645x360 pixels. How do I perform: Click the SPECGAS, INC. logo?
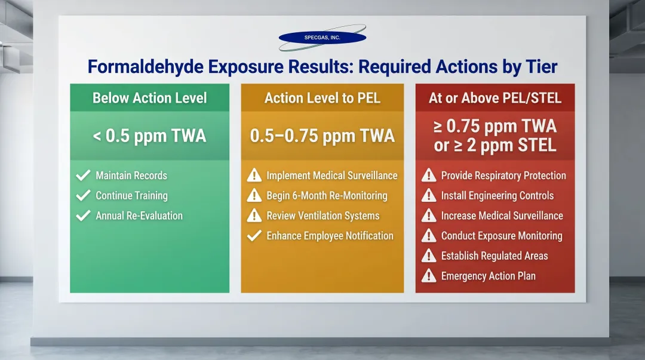coord(322,38)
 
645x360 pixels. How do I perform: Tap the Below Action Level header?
coord(149,98)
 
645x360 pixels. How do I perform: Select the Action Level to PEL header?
coord(322,98)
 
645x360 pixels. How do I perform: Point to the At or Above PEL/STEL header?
coord(495,98)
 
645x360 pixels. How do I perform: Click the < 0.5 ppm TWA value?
coord(149,136)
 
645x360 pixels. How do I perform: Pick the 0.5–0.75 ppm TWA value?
coord(322,136)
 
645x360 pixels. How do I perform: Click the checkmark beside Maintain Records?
coord(83,176)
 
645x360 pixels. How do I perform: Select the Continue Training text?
coord(131,196)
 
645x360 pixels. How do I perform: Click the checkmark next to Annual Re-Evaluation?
coord(83,216)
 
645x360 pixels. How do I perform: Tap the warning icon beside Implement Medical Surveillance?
coord(254,176)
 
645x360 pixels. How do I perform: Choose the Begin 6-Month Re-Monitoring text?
coord(327,196)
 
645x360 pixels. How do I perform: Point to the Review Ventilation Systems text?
coord(323,216)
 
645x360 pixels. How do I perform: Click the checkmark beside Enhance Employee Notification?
coord(254,236)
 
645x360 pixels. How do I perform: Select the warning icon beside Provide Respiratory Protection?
coord(428,176)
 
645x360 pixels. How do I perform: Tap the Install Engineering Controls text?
coord(497,196)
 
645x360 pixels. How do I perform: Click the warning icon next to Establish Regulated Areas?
coord(428,256)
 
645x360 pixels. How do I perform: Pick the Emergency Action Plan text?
coord(488,276)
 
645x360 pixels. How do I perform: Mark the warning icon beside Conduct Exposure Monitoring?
coord(428,236)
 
